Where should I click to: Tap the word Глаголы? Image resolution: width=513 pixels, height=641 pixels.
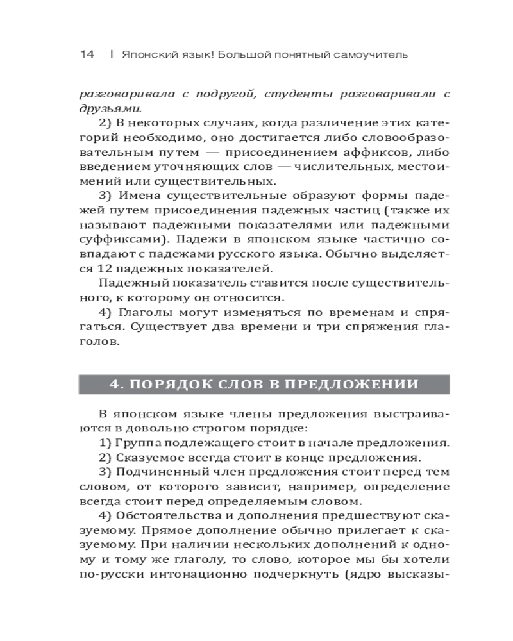click(x=143, y=312)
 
